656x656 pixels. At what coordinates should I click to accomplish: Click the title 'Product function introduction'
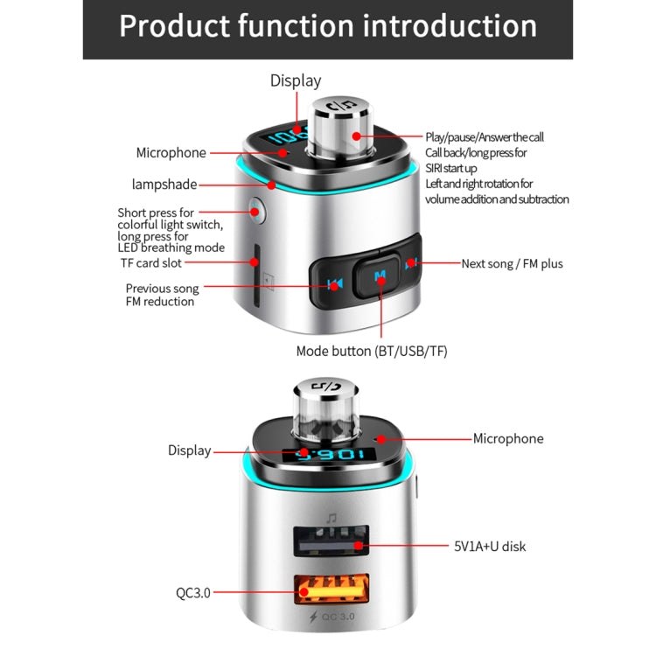click(328, 26)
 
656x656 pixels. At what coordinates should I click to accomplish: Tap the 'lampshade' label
click(164, 185)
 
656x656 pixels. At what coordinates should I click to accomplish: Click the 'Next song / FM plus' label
click(512, 262)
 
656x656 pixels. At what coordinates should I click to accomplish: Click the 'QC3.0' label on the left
click(192, 592)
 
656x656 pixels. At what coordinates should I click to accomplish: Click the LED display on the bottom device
click(336, 455)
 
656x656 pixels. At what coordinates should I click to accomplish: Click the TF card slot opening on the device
click(256, 276)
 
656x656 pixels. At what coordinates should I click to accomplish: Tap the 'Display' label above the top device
click(296, 80)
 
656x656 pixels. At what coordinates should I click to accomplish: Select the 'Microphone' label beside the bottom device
click(508, 438)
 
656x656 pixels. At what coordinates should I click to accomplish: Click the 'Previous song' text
click(162, 288)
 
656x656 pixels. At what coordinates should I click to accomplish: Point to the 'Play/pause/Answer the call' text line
click(485, 136)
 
